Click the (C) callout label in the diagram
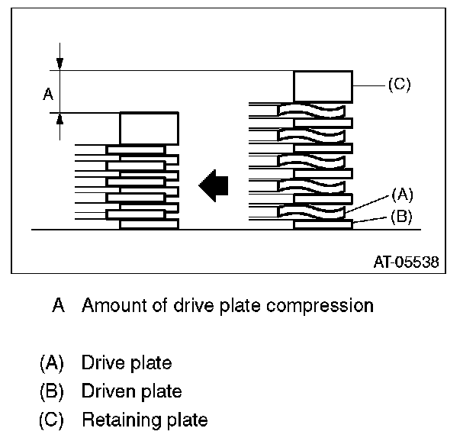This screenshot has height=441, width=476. coord(399,85)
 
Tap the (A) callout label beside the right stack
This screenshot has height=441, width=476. coord(401,194)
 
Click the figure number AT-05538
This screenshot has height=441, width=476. coord(406,262)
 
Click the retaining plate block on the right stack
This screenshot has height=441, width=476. coord(323,86)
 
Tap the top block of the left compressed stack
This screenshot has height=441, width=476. coord(149,127)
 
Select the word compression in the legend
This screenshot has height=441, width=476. coord(322,306)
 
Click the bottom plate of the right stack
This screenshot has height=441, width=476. coord(323,224)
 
